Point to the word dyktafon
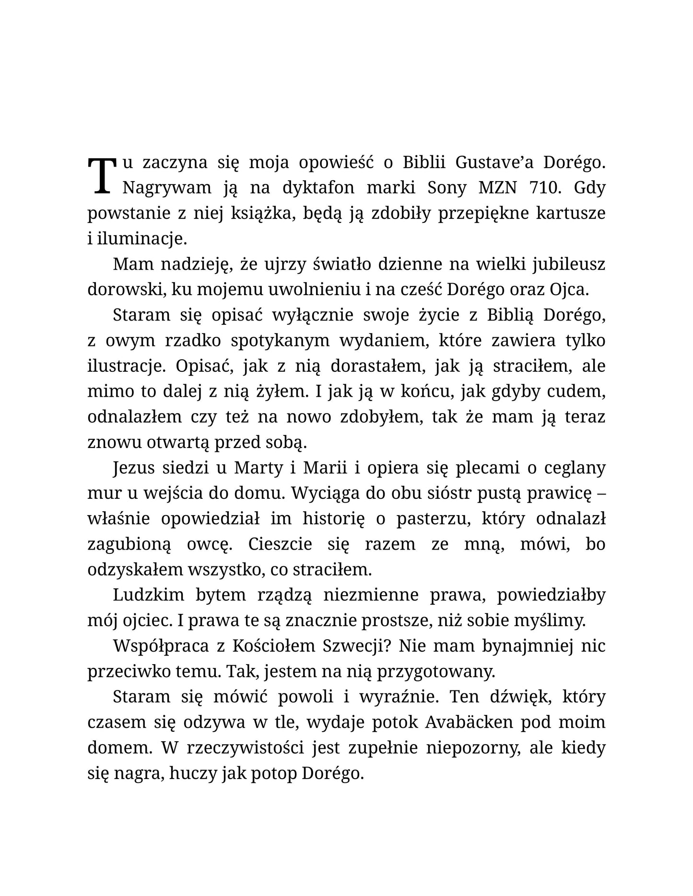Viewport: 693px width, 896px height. coord(318,188)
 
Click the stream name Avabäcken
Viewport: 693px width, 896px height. coord(464,722)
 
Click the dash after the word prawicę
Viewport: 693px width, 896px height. coord(602,493)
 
